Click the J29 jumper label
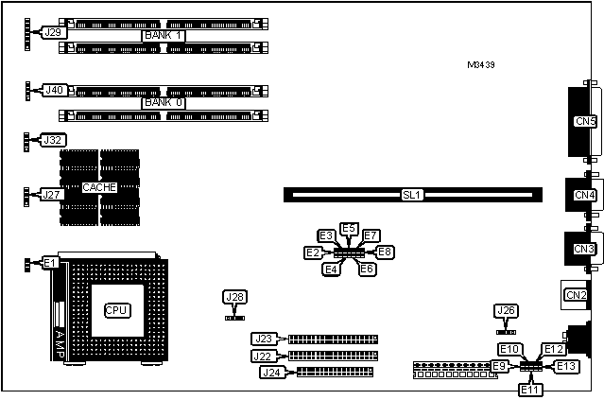tap(54, 32)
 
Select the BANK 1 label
tap(164, 36)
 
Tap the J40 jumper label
tap(54, 90)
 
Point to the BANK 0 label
tap(164, 102)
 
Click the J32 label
tap(54, 140)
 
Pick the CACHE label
tap(98, 187)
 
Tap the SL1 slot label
tap(411, 195)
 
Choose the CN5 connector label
tap(586, 120)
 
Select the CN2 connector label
tap(576, 295)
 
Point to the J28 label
tap(234, 298)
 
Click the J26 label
tap(507, 310)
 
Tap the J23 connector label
tap(263, 339)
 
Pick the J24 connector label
tap(271, 372)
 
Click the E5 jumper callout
tap(349, 229)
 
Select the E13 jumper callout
tap(565, 366)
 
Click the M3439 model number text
tap(481, 65)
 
